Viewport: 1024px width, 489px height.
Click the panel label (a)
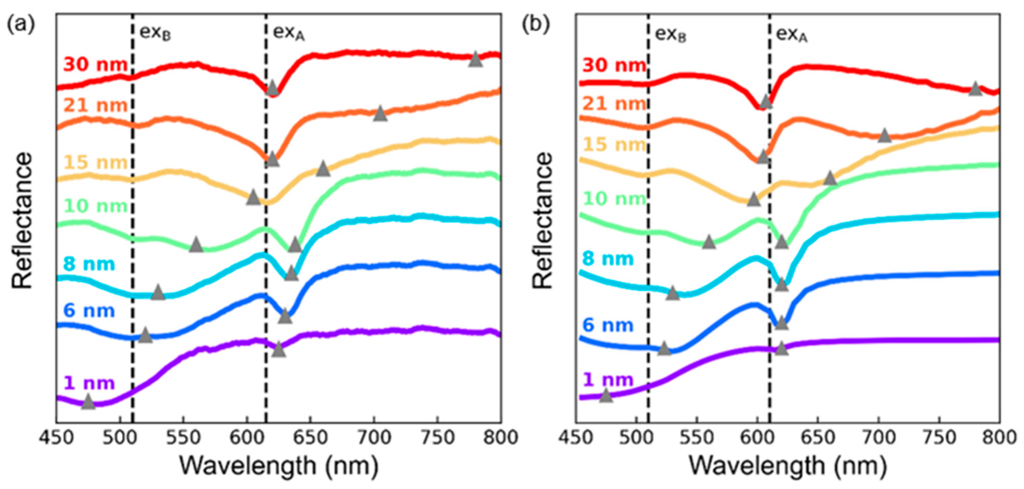[x=21, y=25]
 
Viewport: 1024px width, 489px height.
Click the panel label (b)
[x=535, y=25]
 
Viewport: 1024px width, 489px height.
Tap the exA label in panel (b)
[x=792, y=35]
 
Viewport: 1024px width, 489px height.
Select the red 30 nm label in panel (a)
[x=95, y=64]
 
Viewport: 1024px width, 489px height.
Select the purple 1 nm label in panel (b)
[x=608, y=379]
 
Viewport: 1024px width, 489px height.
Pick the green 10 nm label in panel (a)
[x=96, y=206]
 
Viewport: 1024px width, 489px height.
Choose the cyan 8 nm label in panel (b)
[x=608, y=259]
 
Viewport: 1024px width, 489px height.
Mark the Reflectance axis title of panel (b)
[x=542, y=220]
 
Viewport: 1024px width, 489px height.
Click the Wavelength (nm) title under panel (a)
[x=278, y=465]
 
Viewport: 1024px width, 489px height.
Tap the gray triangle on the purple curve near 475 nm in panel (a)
[x=88, y=402]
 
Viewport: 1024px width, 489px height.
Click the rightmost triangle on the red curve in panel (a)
[x=476, y=60]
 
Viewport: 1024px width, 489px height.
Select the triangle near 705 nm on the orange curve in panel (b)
[x=884, y=136]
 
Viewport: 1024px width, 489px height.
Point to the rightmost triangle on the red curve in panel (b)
[x=975, y=89]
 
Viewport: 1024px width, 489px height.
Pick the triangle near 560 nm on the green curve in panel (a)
[x=196, y=245]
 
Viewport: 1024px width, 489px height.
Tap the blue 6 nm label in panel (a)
[x=89, y=311]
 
